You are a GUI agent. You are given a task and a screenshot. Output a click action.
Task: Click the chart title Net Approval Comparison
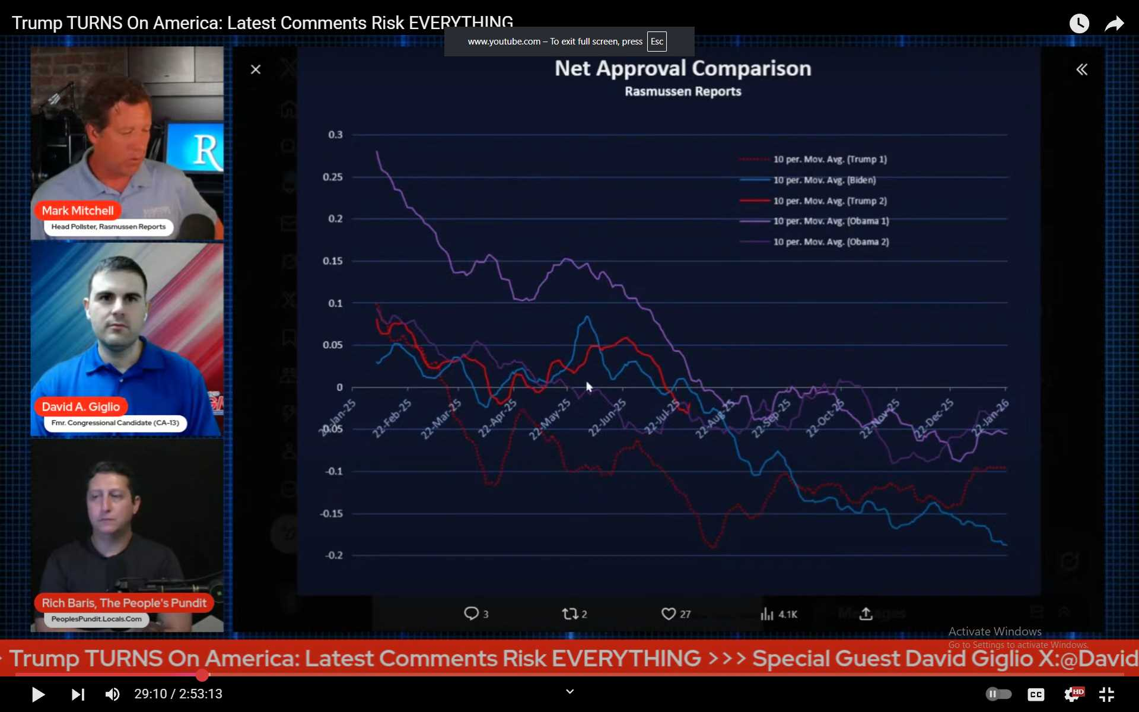[x=683, y=69]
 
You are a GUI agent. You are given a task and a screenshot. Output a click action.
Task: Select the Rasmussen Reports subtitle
[x=683, y=91]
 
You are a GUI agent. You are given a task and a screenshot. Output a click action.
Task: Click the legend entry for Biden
[x=824, y=180]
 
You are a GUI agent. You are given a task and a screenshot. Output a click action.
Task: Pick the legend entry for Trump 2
[x=829, y=201]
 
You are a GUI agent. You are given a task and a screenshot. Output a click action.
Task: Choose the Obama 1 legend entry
[x=831, y=221]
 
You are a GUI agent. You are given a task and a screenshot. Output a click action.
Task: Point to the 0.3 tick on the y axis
[x=335, y=135]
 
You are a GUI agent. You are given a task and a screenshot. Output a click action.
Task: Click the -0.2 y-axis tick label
[x=333, y=555]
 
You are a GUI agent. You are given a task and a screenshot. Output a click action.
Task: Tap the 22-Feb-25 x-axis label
[x=392, y=418]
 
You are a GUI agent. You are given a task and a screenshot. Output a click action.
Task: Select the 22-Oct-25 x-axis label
[x=825, y=418]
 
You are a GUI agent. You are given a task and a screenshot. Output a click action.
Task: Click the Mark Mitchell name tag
[x=78, y=211]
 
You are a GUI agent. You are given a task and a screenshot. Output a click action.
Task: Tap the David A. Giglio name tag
[x=81, y=407]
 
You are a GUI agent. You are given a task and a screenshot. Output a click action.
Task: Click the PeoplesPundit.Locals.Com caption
[x=96, y=619]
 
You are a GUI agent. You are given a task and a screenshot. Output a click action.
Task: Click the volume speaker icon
[x=112, y=694]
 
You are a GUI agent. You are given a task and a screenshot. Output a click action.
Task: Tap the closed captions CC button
[x=1036, y=694]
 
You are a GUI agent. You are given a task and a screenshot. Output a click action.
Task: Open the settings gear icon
[x=1072, y=694]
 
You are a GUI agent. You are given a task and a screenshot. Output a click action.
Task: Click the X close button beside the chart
[x=256, y=69]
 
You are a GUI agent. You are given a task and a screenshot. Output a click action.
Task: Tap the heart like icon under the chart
[x=669, y=614]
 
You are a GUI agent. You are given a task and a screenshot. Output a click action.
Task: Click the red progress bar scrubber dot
[x=202, y=675]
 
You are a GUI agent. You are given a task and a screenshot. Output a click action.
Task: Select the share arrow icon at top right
[x=1114, y=24]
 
